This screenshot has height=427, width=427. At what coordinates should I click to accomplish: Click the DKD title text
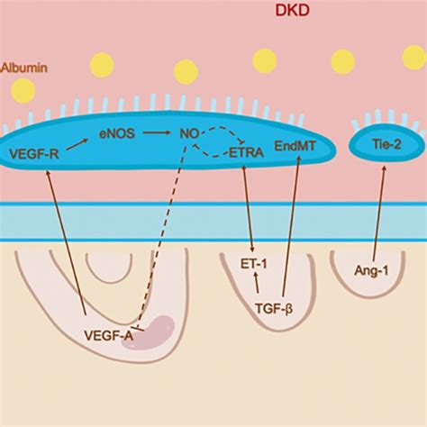pos(289,11)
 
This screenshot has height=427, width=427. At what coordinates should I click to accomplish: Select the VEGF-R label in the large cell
pos(36,153)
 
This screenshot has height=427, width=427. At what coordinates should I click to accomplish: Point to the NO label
pos(189,137)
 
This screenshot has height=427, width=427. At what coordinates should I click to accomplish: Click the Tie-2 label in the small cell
pos(386,143)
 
